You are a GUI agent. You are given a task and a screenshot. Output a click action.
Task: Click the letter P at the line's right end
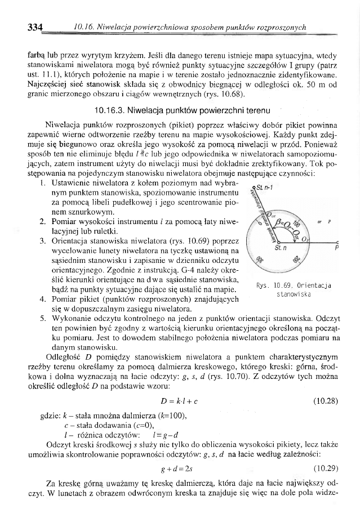click(336, 247)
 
